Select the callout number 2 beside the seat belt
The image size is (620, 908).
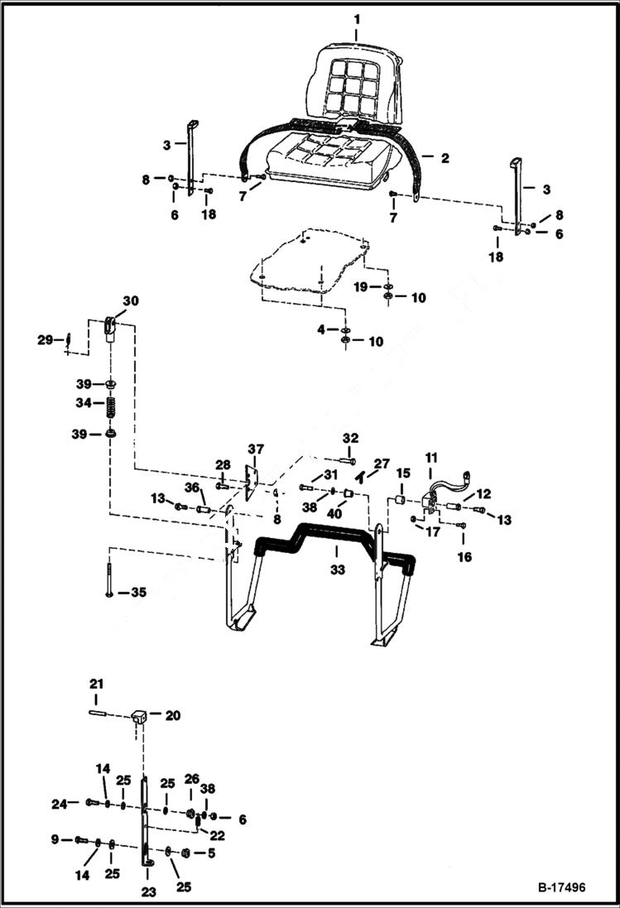(x=445, y=157)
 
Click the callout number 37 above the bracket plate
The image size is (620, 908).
(x=253, y=449)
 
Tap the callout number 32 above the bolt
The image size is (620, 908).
(x=350, y=438)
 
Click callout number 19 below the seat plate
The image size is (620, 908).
(x=361, y=286)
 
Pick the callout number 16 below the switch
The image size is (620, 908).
(x=464, y=557)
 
